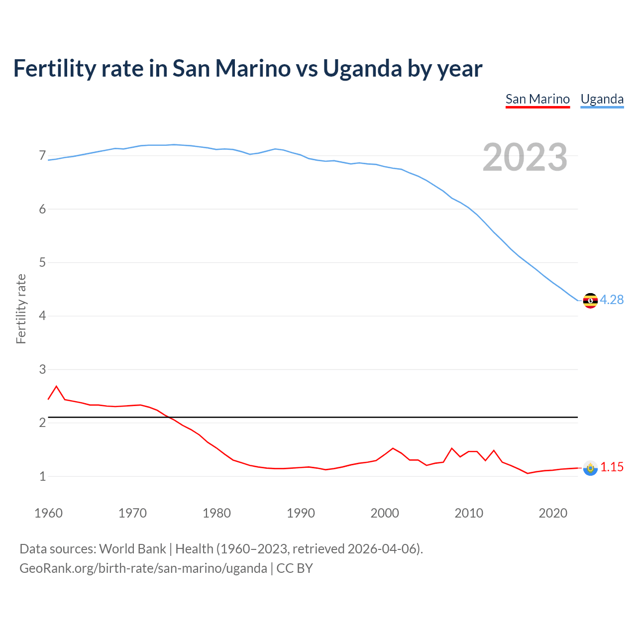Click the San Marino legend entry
click(537, 99)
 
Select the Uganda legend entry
click(602, 99)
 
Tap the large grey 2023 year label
click(525, 157)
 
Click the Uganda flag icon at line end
click(590, 301)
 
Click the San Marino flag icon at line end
click(590, 468)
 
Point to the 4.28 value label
click(612, 300)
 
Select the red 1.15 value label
click(612, 467)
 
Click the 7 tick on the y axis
click(42, 156)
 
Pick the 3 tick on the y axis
click(42, 369)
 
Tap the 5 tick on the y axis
click(42, 262)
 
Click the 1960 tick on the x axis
click(48, 513)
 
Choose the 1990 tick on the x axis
click(301, 513)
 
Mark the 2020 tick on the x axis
click(553, 513)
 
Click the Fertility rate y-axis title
click(21, 309)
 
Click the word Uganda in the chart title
click(362, 68)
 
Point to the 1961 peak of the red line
click(56, 386)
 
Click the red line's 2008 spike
click(452, 448)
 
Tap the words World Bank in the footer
click(132, 549)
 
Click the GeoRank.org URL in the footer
click(143, 568)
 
